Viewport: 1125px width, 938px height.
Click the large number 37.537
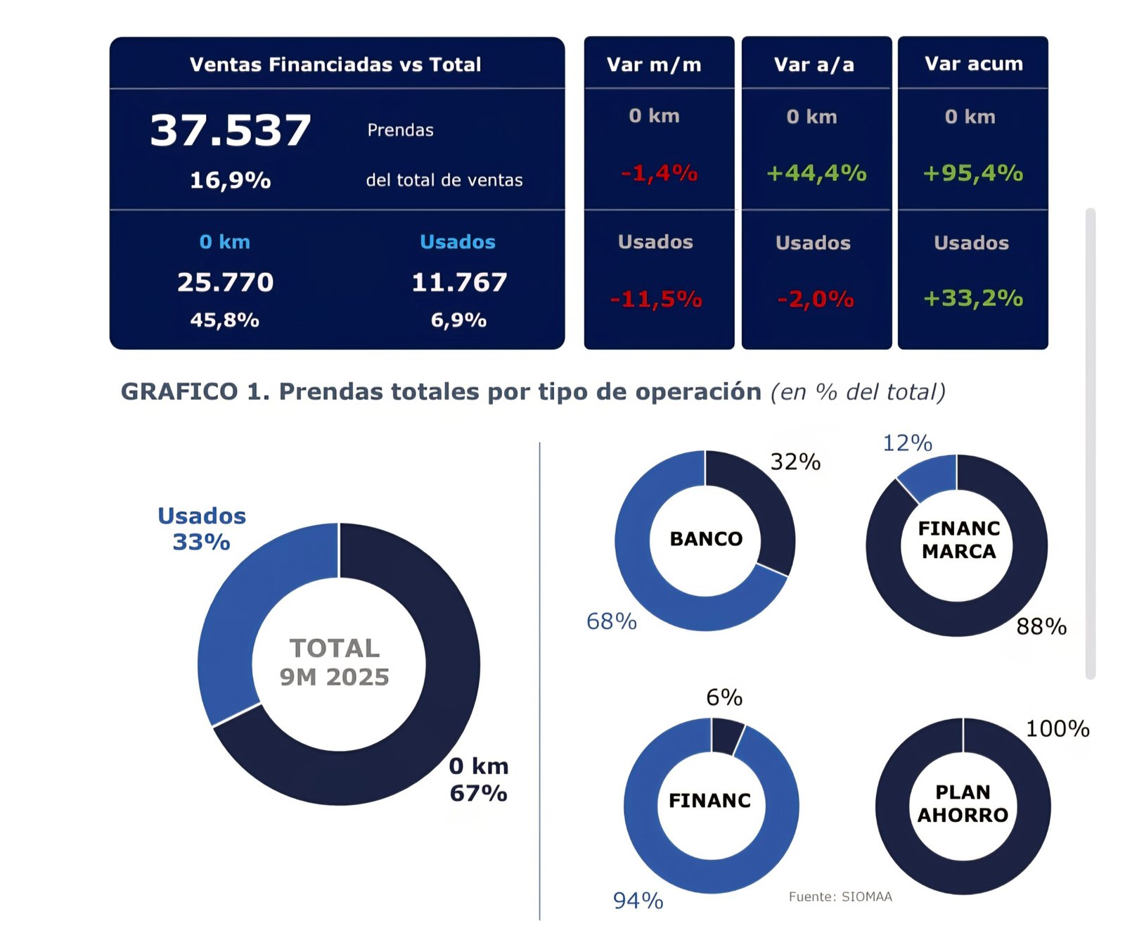(230, 130)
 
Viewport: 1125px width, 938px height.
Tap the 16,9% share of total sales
(230, 180)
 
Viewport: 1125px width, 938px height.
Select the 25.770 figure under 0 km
(225, 282)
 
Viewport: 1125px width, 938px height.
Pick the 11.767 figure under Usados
(458, 282)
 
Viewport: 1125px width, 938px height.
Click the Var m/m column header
(654, 65)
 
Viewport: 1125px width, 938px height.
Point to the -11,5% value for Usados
(655, 299)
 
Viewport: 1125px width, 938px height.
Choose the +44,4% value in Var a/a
(816, 172)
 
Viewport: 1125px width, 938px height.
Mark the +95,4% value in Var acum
(972, 172)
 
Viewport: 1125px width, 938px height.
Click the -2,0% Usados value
(815, 299)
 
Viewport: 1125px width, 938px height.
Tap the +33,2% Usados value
(972, 298)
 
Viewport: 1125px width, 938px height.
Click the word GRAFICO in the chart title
(179, 391)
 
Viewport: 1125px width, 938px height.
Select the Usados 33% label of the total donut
(202, 528)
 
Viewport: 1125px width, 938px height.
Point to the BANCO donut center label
(706, 539)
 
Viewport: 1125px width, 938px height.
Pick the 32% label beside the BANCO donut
(795, 462)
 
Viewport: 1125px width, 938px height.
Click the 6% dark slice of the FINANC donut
(726, 736)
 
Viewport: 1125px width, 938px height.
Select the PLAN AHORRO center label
(963, 804)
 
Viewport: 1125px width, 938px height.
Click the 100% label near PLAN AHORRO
(1057, 728)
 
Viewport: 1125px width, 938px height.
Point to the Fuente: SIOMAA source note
(840, 896)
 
